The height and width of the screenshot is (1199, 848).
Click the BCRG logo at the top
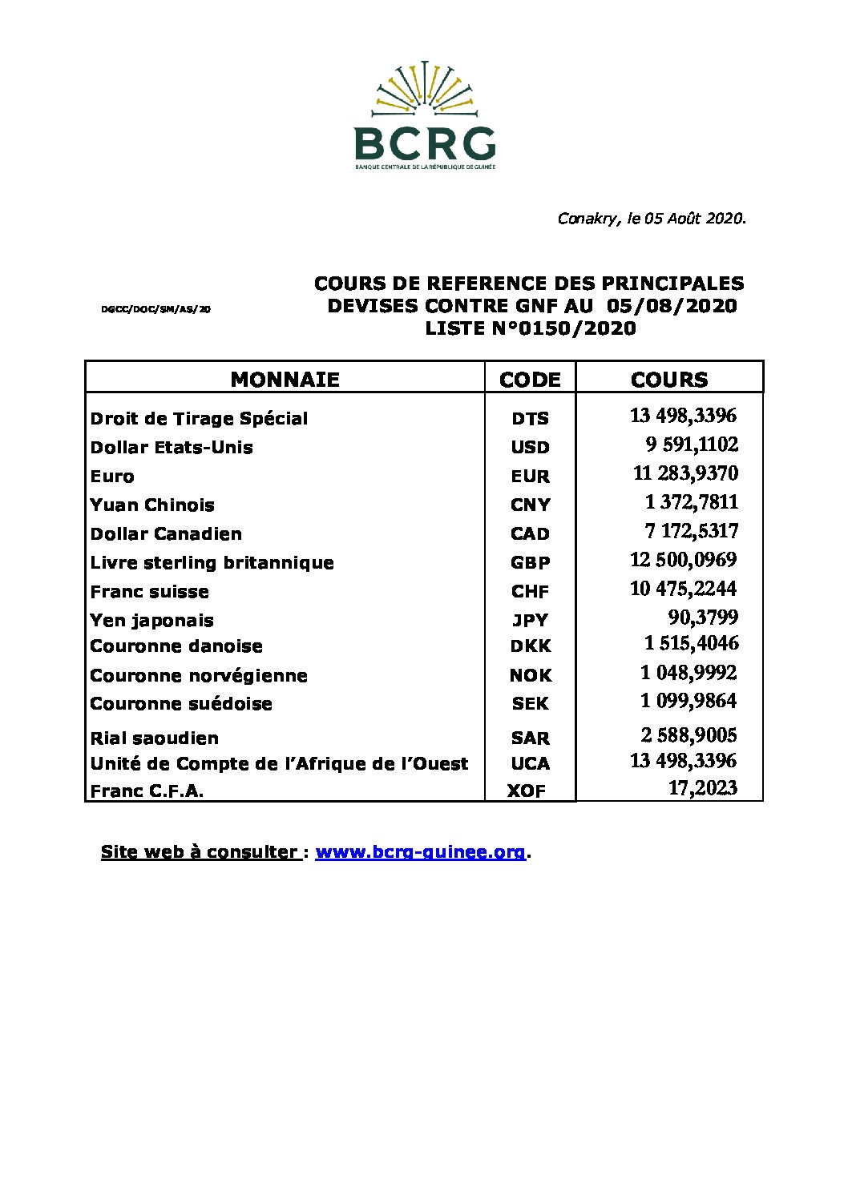(x=424, y=115)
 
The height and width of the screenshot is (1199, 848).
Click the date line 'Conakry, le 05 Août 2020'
(x=652, y=219)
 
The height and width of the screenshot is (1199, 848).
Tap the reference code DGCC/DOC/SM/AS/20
(x=156, y=308)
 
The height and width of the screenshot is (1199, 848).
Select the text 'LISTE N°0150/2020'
(x=530, y=328)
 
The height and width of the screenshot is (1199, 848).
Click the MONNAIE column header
(x=285, y=380)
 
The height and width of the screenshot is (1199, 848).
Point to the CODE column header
(x=530, y=380)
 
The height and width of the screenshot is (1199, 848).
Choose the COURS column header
(x=669, y=380)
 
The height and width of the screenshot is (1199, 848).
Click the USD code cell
(x=530, y=448)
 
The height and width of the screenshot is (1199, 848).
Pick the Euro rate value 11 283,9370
(x=685, y=473)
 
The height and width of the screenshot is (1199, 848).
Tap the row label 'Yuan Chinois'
(x=152, y=505)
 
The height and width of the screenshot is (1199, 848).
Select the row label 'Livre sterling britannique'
(x=212, y=563)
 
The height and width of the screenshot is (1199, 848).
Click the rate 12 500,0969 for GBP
(x=683, y=560)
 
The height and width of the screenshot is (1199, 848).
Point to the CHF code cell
(x=530, y=592)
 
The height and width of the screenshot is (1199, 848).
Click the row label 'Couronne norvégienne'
(x=199, y=676)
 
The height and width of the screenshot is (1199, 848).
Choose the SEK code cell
(x=530, y=704)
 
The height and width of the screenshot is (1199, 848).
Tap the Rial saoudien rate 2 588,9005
(x=688, y=735)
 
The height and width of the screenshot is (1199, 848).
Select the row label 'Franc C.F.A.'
(x=147, y=791)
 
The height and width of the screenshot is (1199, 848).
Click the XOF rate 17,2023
(x=703, y=788)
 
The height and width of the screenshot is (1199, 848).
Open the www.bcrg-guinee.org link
(x=420, y=852)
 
